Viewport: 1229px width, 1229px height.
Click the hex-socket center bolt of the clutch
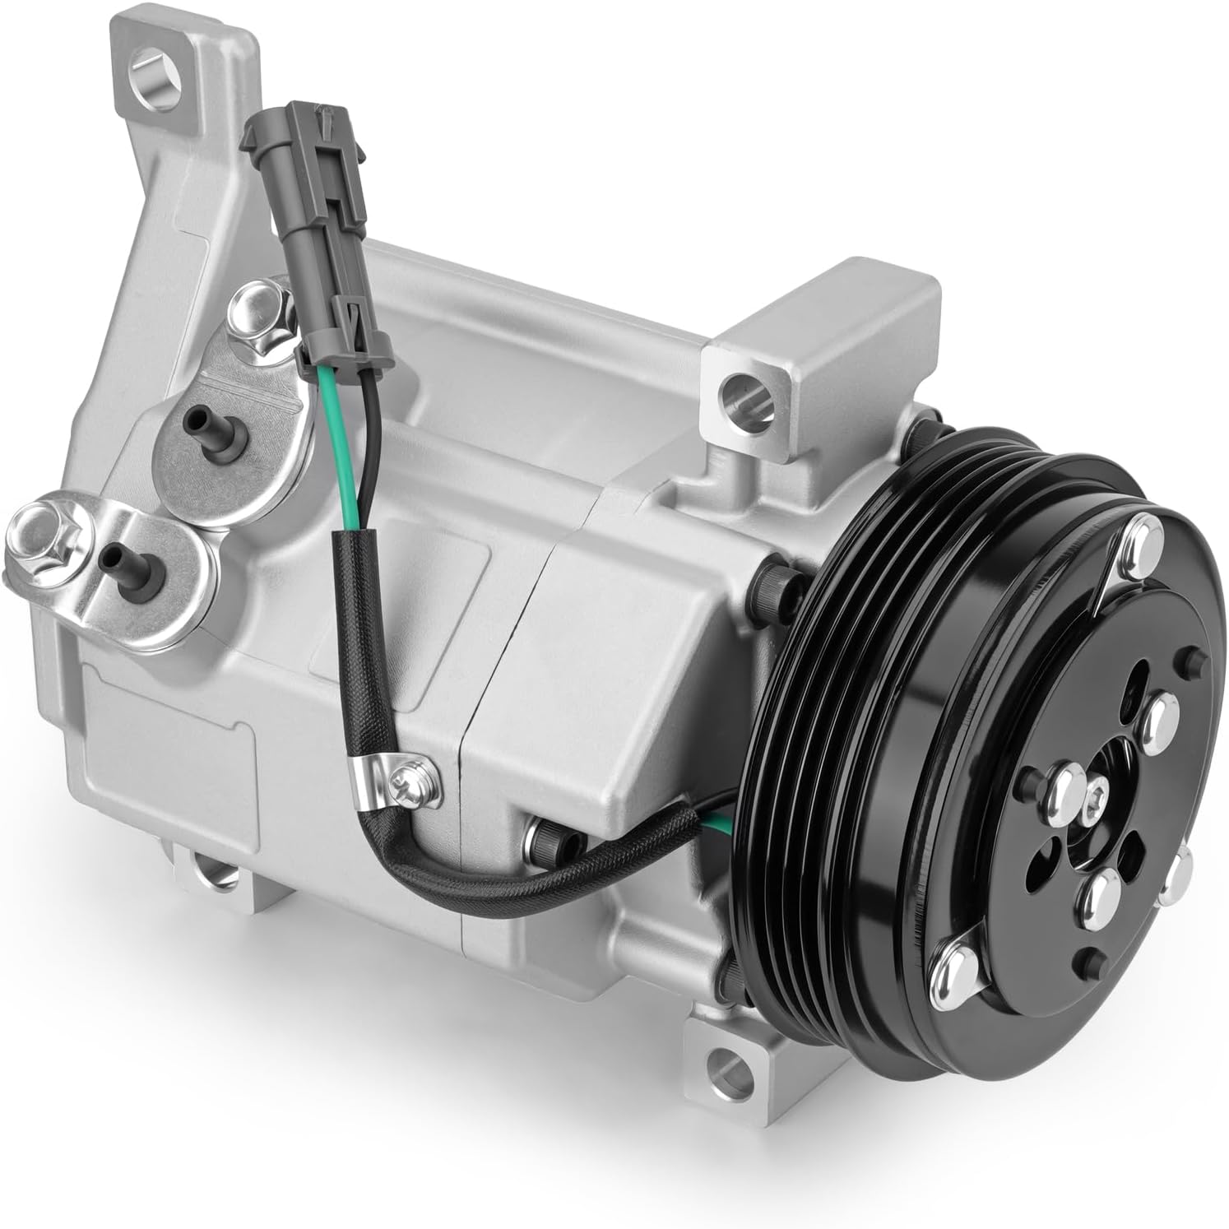tap(1097, 795)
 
